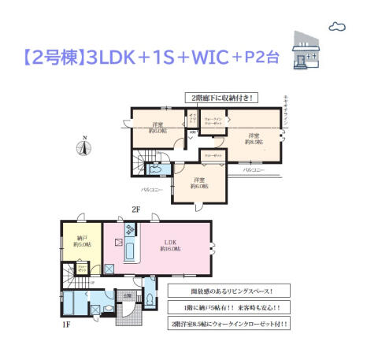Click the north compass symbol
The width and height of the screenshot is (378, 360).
(x=84, y=146)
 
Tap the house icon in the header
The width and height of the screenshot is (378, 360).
(x=306, y=52)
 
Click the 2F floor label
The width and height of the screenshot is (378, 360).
(x=135, y=210)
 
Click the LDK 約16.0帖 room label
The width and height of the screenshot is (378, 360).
(x=170, y=244)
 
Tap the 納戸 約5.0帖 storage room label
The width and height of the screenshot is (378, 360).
(x=81, y=240)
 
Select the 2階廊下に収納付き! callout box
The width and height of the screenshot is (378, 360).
(x=220, y=98)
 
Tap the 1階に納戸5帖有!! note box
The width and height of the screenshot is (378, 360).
(x=228, y=306)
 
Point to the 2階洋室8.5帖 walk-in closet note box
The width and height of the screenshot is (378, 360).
(x=228, y=324)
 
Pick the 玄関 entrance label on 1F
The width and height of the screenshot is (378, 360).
(x=127, y=297)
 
